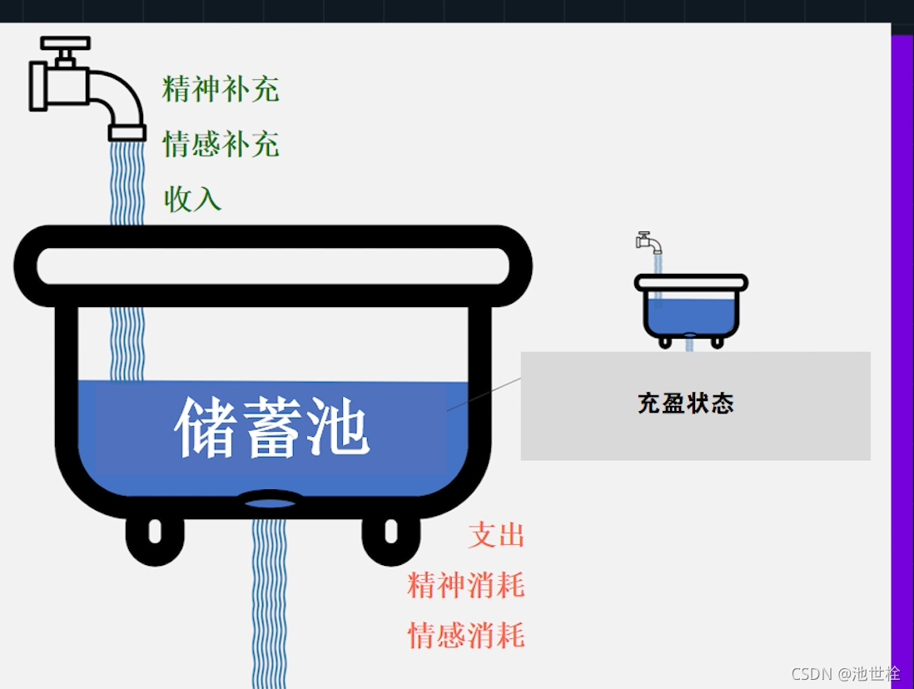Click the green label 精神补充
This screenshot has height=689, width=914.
tap(221, 89)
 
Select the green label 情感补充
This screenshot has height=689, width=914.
tap(221, 144)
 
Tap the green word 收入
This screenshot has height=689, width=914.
tap(192, 199)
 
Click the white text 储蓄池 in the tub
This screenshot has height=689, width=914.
tap(271, 428)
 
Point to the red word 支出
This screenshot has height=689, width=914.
tap(496, 535)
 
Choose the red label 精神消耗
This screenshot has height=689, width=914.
tap(466, 585)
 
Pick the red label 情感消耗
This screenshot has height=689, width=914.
tap(466, 636)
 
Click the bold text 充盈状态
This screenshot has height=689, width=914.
tap(686, 404)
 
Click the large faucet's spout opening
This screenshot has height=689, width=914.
tap(127, 133)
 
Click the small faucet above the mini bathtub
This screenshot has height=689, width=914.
tap(648, 242)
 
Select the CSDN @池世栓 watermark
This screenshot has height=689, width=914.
tap(845, 673)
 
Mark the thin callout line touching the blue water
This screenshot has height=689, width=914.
tap(484, 394)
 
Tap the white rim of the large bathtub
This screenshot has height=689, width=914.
tap(272, 265)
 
